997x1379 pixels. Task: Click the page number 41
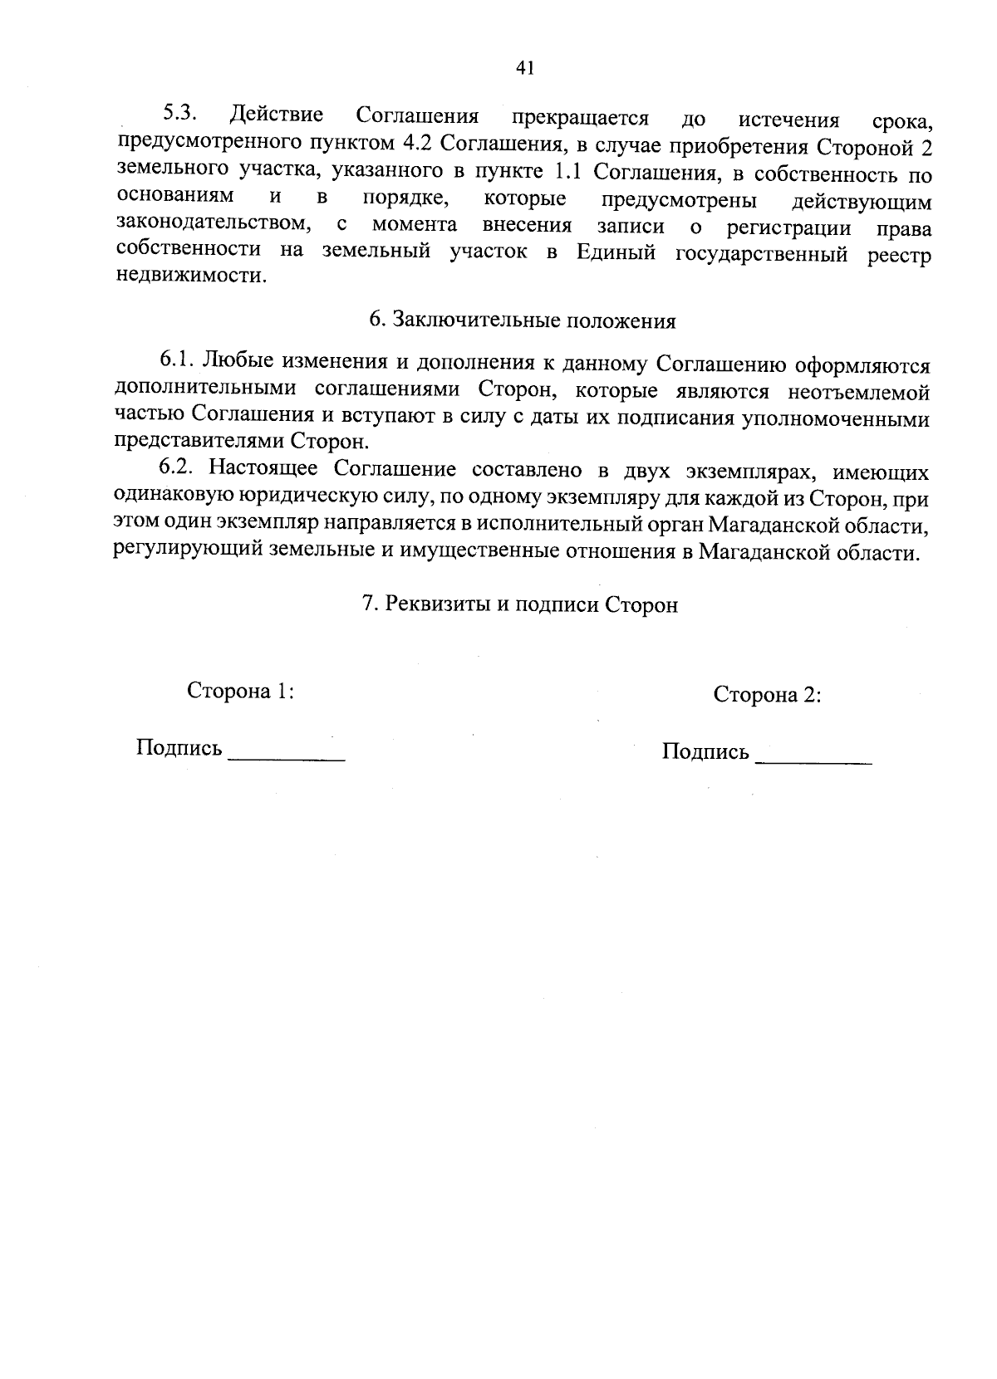coord(523,68)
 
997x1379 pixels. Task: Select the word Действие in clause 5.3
coord(278,115)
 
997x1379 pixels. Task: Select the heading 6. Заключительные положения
coord(522,320)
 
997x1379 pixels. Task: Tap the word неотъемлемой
coord(859,390)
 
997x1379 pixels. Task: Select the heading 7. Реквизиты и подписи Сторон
coord(520,604)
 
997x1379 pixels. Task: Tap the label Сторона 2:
coord(767,695)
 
